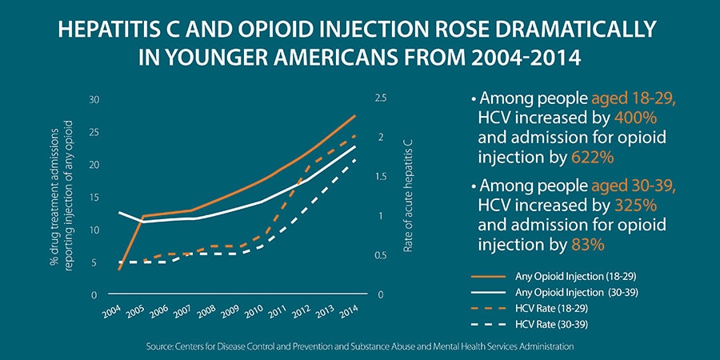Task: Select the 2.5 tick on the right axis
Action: coord(380,98)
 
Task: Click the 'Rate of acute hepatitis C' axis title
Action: coord(408,197)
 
